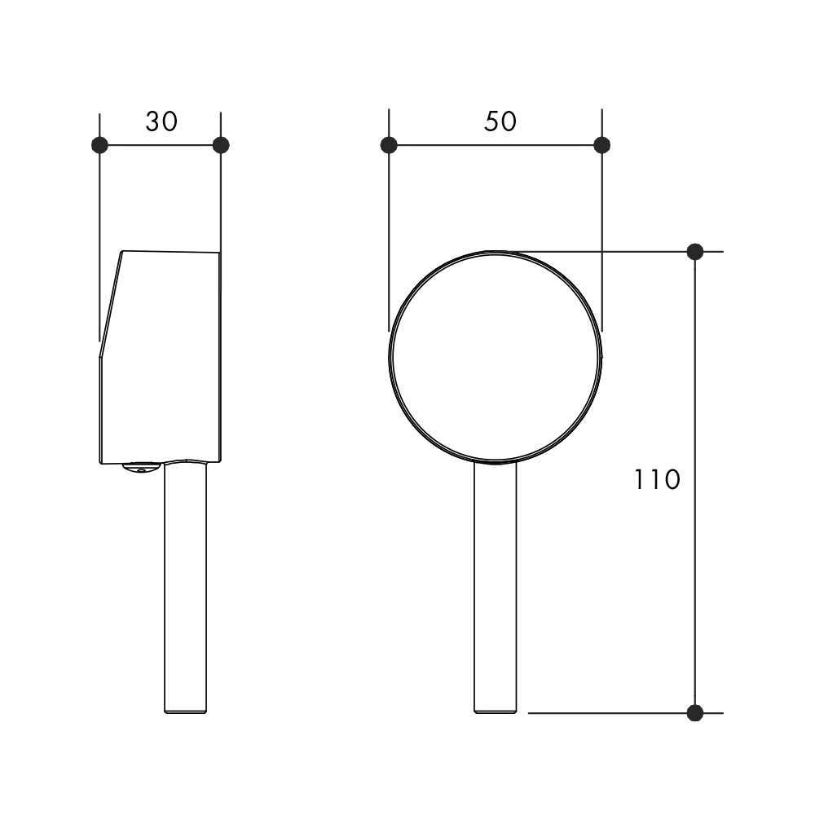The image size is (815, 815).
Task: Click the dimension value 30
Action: point(161,121)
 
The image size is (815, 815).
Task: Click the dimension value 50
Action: point(500,121)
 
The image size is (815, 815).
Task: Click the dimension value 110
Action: point(657,479)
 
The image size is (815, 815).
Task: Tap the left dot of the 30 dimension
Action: point(99,145)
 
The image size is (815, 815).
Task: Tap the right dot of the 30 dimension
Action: point(221,145)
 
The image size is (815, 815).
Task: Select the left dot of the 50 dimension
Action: point(389,145)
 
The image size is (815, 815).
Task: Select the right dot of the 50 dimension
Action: point(602,145)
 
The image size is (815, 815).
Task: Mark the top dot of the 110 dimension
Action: point(695,252)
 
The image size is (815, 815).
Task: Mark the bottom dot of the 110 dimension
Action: point(695,713)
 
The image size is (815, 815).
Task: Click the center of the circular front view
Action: point(496,357)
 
